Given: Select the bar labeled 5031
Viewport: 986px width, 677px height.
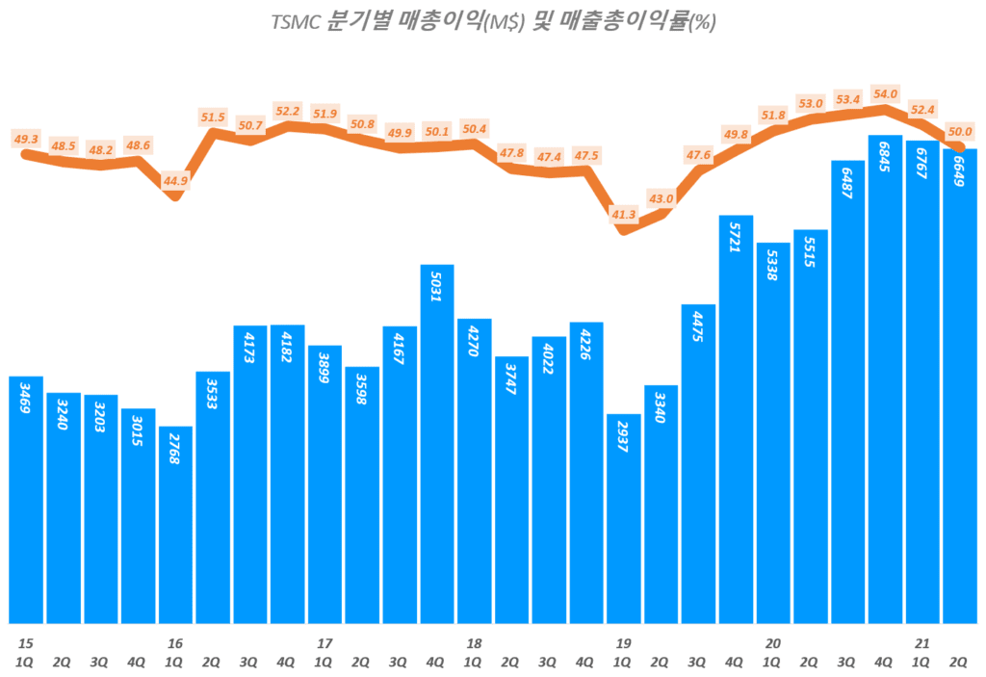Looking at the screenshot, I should [x=437, y=443].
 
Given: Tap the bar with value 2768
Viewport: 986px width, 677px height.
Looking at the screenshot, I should [x=175, y=525].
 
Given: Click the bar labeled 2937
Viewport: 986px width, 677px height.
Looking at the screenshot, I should [x=623, y=518].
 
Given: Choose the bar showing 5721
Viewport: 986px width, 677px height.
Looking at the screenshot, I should [x=736, y=419].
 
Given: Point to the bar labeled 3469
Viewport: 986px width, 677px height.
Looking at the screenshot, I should [x=26, y=499].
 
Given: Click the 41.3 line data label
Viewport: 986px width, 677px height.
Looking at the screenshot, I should [x=624, y=214].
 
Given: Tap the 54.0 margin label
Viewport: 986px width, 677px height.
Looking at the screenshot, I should [x=884, y=93].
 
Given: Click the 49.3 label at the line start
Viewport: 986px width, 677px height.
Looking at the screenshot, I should [x=26, y=138].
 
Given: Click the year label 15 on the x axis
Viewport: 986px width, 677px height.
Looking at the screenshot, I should [x=24, y=642].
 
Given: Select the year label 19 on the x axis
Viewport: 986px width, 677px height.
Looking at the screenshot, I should [x=623, y=642].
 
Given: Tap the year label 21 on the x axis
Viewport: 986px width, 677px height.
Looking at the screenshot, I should [x=921, y=642].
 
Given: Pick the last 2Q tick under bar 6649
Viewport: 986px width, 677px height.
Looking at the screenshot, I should [x=959, y=662].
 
